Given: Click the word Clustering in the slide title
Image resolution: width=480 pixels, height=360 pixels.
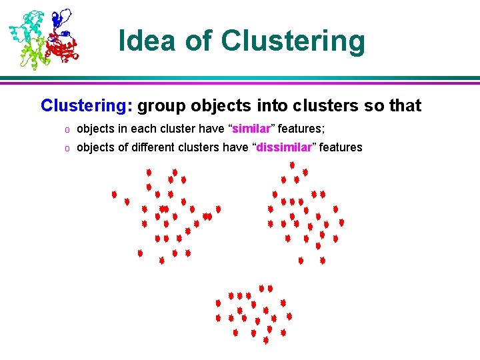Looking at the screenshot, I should coord(293,41).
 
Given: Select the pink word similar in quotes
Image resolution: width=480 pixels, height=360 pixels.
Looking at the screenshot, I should coord(251,128).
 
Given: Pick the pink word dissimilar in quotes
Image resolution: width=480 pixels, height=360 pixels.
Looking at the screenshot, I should coord(284,147).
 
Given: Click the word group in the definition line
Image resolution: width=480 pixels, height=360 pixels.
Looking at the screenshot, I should coord(160,105).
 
